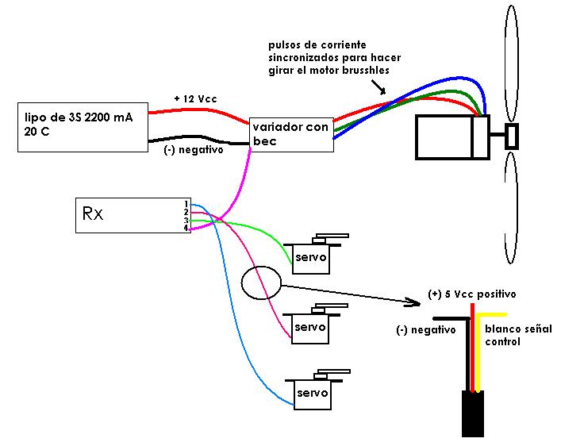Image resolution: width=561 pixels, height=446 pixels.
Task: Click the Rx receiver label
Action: tap(93, 213)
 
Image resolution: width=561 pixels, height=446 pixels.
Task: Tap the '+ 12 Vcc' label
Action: tap(195, 98)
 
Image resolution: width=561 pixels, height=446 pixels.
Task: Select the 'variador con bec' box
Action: tap(291, 135)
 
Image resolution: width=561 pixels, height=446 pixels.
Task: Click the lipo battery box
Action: tap(83, 127)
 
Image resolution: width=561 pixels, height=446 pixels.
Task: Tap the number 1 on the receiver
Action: tap(186, 205)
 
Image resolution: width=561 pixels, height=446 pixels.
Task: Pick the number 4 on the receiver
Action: tap(186, 228)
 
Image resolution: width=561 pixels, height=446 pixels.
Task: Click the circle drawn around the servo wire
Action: tap(242, 283)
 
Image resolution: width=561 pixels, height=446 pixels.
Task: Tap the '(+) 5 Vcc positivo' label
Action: tap(472, 294)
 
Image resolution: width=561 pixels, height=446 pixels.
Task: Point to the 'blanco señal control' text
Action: tap(518, 335)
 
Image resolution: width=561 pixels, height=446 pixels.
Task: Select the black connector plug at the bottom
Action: tap(473, 413)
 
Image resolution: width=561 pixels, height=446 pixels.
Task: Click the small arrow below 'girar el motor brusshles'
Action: tap(378, 87)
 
